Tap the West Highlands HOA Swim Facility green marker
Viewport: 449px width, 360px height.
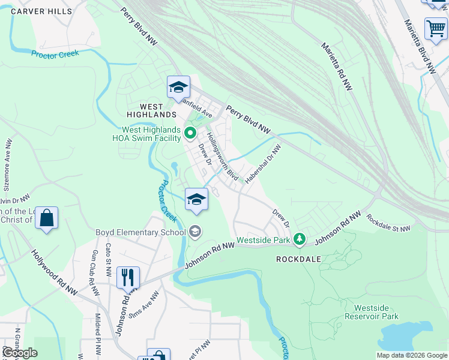pyautogui.click(x=190, y=133)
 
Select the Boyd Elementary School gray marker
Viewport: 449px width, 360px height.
pyautogui.click(x=195, y=231)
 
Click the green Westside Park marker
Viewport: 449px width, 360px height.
pyautogui.click(x=299, y=240)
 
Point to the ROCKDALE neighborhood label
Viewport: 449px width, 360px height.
pyautogui.click(x=300, y=259)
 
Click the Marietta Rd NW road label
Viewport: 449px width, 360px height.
pyautogui.click(x=336, y=66)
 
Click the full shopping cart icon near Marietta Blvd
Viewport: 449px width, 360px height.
pyautogui.click(x=435, y=28)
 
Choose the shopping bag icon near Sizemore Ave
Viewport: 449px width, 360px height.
pyautogui.click(x=46, y=218)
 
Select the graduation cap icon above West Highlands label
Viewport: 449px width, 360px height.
pyautogui.click(x=178, y=87)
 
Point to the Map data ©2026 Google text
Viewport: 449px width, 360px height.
pyautogui.click(x=412, y=355)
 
